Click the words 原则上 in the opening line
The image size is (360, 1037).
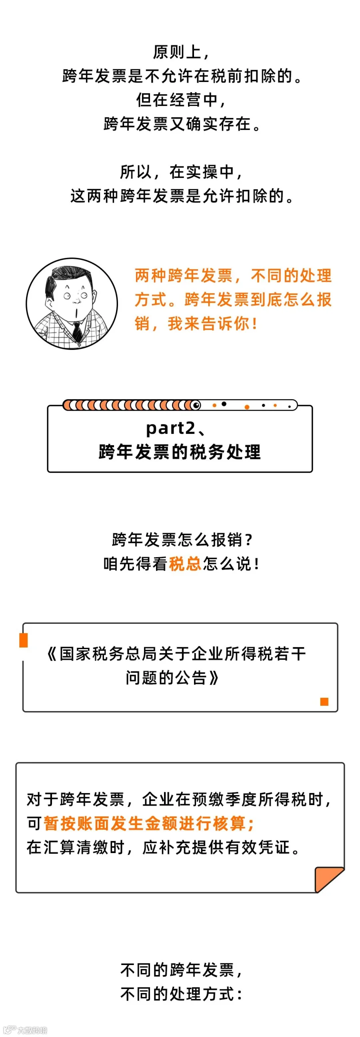click(176, 52)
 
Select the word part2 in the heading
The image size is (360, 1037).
click(170, 428)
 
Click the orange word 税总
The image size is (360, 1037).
click(185, 563)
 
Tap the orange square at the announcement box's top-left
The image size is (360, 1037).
click(24, 640)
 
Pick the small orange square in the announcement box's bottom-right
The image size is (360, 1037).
click(324, 702)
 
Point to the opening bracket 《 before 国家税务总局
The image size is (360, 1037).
click(52, 654)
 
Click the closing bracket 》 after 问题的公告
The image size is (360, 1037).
click(214, 678)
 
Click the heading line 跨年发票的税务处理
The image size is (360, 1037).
click(180, 452)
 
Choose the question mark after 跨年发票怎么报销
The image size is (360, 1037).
click(248, 540)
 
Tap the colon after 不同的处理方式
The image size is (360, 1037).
click(240, 994)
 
